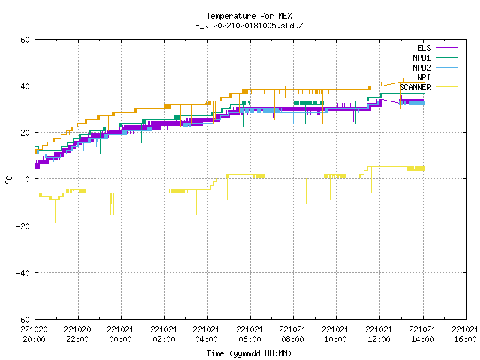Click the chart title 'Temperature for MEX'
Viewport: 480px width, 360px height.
click(249, 16)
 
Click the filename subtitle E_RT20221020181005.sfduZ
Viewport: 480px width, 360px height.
click(249, 25)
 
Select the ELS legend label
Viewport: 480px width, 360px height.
click(424, 48)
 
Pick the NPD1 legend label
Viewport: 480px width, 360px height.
click(421, 58)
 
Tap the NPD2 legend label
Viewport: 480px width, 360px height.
click(421, 67)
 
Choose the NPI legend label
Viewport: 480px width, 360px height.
click(424, 77)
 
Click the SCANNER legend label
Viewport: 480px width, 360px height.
click(415, 87)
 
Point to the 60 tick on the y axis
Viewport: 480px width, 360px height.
click(25, 40)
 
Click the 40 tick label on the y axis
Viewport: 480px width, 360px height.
click(25, 86)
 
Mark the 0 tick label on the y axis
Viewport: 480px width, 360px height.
click(27, 179)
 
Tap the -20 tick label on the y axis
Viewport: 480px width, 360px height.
click(23, 226)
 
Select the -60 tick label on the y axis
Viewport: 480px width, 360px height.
click(23, 319)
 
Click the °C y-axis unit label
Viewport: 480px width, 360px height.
click(8, 180)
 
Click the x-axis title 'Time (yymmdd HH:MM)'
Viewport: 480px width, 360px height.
click(249, 353)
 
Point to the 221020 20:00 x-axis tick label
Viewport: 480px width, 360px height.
click(34, 334)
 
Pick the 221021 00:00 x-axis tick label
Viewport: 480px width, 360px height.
click(120, 334)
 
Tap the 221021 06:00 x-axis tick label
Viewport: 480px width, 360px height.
click(250, 334)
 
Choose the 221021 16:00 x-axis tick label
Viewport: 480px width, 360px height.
click(465, 334)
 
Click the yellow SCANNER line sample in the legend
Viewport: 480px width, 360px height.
click(447, 87)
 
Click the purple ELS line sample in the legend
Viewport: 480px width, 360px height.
click(447, 48)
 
